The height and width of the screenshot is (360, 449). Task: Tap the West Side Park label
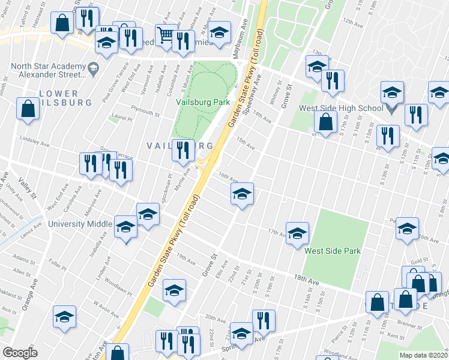point(332,251)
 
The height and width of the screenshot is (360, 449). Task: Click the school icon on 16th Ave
point(242,194)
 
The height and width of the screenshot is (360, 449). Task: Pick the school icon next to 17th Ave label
point(297,233)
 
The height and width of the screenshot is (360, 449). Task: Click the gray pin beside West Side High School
point(391,109)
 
